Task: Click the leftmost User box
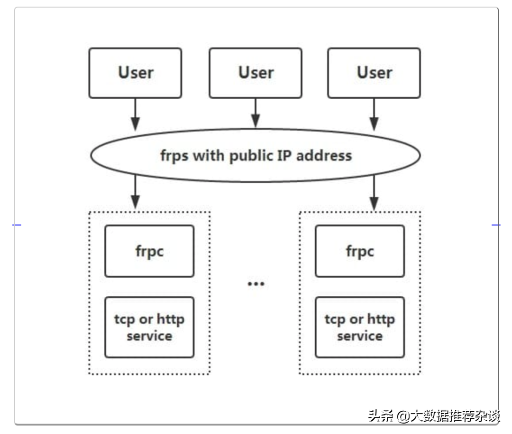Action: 135,73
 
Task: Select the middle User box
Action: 256,73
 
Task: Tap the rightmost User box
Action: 374,73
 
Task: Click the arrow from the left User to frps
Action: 135,114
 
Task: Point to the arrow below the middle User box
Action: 256,113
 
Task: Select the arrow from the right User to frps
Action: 374,114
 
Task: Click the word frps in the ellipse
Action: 174,156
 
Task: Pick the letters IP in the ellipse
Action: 285,155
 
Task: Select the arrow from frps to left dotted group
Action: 135,192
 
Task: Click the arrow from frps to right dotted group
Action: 374,192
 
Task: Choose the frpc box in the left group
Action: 149,251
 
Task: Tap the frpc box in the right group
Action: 360,251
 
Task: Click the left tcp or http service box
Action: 149,327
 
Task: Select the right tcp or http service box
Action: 360,327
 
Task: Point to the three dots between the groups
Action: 256,284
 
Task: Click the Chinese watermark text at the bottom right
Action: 434,416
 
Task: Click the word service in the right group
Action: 360,336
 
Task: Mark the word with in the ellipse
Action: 209,155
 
